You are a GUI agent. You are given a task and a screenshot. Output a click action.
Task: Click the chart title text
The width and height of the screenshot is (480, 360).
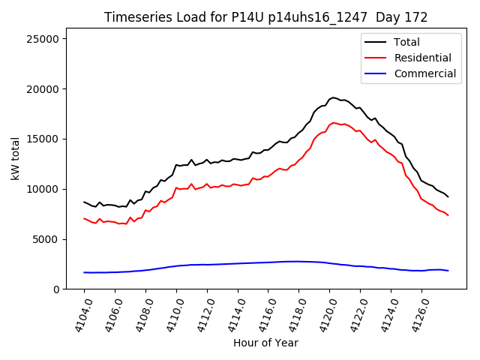pyautogui.click(x=266, y=17)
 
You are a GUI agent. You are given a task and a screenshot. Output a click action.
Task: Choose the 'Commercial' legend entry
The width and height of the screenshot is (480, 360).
pyautogui.click(x=424, y=73)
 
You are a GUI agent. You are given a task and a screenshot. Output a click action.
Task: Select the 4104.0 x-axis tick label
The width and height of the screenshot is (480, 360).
pyautogui.click(x=78, y=315)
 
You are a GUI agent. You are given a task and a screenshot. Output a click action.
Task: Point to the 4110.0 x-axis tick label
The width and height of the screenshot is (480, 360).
pyautogui.click(x=170, y=315)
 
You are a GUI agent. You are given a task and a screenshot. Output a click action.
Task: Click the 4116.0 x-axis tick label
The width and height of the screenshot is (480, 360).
pyautogui.click(x=262, y=315)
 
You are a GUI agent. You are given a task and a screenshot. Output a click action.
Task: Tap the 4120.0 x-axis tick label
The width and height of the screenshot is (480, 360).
pyautogui.click(x=323, y=315)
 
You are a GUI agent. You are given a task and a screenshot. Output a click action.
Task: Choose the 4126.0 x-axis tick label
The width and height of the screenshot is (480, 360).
pyautogui.click(x=415, y=315)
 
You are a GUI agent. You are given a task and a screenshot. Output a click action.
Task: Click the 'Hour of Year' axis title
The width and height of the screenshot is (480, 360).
pyautogui.click(x=265, y=343)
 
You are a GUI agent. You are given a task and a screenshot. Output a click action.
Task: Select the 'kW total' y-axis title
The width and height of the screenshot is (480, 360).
pyautogui.click(x=15, y=158)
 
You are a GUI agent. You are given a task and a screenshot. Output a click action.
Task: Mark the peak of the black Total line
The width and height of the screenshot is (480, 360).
pyautogui.click(x=334, y=97)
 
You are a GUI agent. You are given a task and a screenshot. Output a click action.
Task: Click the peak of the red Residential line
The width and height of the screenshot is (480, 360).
pyautogui.click(x=334, y=122)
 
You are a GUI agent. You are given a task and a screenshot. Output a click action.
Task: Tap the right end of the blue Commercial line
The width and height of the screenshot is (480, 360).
pyautogui.click(x=448, y=271)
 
